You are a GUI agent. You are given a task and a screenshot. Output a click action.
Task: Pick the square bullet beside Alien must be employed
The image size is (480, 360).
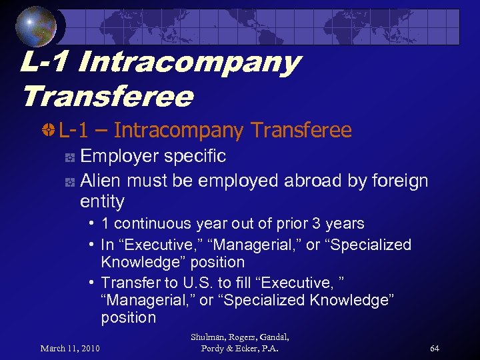[x=69, y=182]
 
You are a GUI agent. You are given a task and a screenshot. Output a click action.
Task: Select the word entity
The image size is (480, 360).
[x=102, y=201]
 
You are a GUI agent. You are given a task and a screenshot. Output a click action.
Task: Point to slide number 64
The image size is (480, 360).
[x=434, y=348]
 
